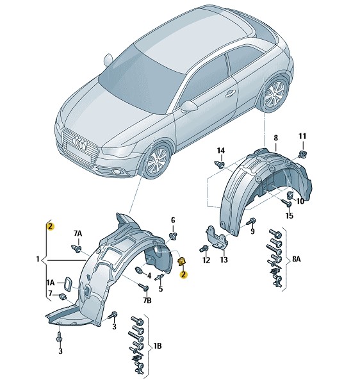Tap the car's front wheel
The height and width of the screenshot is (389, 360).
157,160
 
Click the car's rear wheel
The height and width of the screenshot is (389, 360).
275,94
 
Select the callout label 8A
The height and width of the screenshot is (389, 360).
297,260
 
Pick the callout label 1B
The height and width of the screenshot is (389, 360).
157,345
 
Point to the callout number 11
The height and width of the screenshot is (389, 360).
302,137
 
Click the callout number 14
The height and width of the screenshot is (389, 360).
220,151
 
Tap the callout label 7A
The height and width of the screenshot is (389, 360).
78,233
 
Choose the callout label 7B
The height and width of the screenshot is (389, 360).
147,301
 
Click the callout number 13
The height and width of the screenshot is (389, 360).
224,260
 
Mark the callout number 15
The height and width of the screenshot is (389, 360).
289,215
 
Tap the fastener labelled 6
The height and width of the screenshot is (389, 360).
172,235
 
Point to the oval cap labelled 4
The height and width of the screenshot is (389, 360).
140,270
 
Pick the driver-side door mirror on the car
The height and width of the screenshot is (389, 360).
188,106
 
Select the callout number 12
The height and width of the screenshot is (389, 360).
206,260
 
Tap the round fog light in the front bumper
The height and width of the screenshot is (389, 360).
115,171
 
